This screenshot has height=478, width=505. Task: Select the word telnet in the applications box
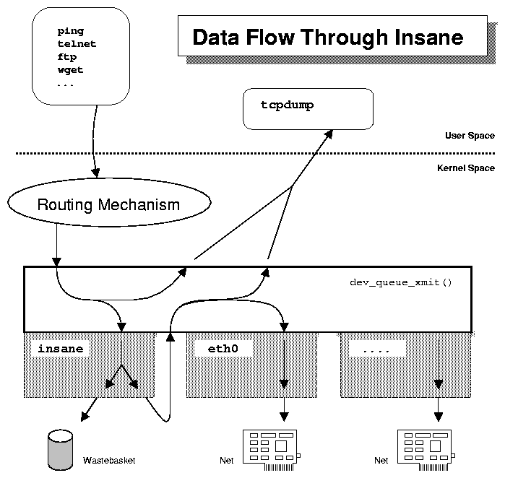point(77,44)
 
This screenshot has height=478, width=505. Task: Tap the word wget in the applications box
point(70,70)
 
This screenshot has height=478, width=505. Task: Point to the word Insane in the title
point(425,38)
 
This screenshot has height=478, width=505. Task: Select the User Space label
point(470,136)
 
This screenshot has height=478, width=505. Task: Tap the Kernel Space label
point(466,168)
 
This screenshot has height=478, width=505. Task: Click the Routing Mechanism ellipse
point(108,204)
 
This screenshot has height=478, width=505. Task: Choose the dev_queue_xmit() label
point(400,282)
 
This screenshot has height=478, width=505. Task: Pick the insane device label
point(60,349)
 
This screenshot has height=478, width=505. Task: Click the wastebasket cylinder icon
point(59,448)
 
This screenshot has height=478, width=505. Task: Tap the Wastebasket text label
point(109,460)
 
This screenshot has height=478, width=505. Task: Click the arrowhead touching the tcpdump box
point(328,134)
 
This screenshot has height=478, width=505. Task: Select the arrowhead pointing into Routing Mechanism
point(95,171)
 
